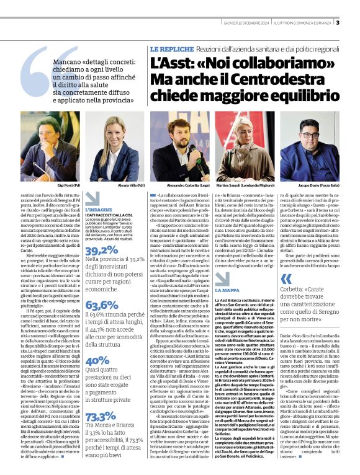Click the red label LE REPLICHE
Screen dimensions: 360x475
[x=164, y=48]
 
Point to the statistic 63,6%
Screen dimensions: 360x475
[x=102, y=304]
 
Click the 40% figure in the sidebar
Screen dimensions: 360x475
[x=97, y=360]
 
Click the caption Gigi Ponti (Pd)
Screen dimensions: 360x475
[x=68, y=185]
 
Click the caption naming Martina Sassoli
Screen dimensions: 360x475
[x=255, y=185]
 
